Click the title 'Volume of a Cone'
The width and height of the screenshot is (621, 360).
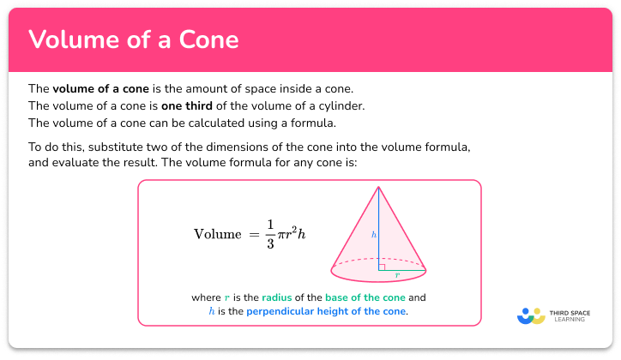coord(134,39)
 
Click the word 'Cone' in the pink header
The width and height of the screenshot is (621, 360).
coord(208,39)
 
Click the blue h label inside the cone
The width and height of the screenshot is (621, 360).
coord(374,233)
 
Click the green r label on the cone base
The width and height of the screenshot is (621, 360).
coord(397,274)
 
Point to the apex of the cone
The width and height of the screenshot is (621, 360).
coord(378,186)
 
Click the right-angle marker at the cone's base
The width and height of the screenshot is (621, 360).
coord(382,267)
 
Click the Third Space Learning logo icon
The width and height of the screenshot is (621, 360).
coord(531,316)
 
